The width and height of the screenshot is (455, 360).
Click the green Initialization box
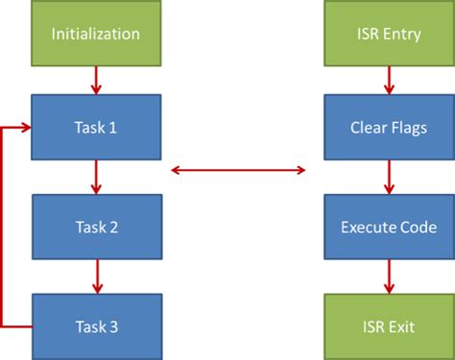click(x=95, y=35)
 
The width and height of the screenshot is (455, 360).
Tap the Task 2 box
click(x=95, y=227)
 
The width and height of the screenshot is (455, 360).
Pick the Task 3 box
click(x=95, y=326)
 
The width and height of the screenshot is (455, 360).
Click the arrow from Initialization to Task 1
click(x=95, y=81)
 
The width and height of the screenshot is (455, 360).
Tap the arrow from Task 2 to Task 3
click(x=95, y=276)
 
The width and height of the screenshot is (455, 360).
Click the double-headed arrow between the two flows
click(x=237, y=171)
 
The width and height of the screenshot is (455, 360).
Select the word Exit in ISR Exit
click(x=401, y=326)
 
